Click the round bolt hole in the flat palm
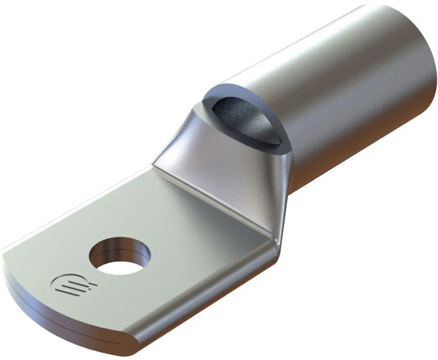tap(119, 257)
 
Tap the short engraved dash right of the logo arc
tap(92, 287)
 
